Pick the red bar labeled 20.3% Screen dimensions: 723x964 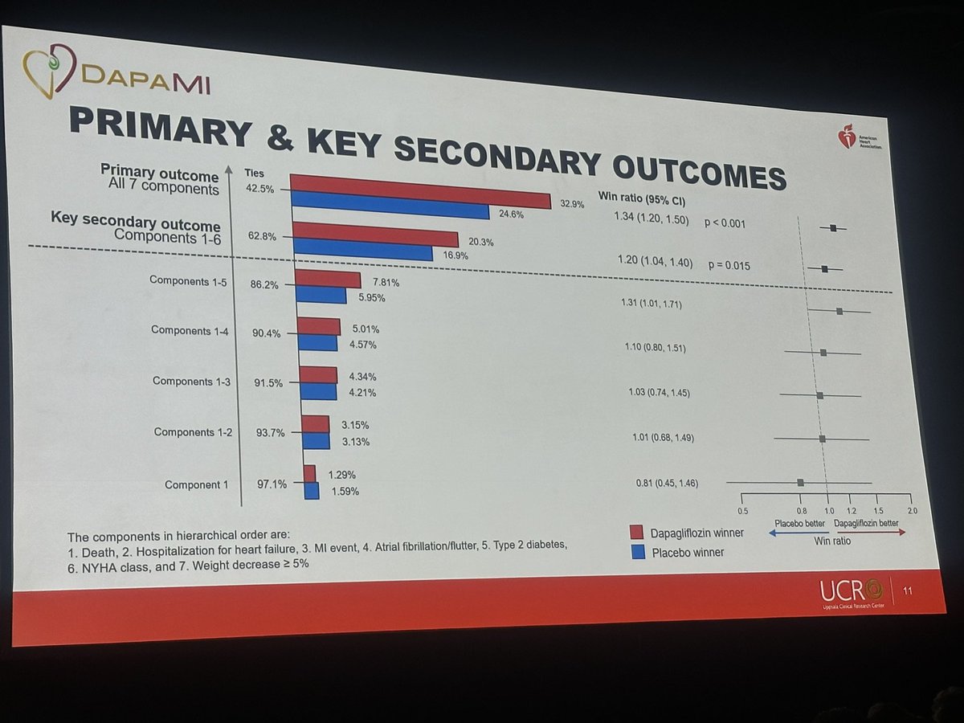[x=375, y=234]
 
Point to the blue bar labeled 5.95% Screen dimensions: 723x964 [x=321, y=296]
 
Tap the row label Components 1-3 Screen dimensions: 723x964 [x=191, y=382]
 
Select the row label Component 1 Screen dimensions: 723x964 [x=196, y=484]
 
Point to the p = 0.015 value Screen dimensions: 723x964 [x=729, y=263]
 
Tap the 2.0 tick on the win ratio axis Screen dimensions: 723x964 [x=911, y=511]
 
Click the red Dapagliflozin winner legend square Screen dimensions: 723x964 [x=637, y=533]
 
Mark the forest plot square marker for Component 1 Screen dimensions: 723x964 [x=800, y=482]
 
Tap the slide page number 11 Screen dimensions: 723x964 [x=908, y=593]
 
